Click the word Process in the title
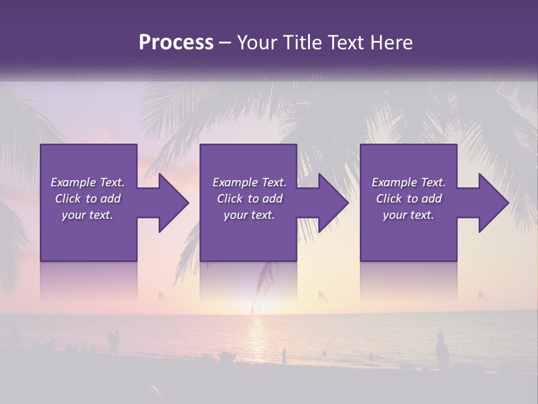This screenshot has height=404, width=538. (x=176, y=43)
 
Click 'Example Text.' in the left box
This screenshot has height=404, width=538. (x=88, y=182)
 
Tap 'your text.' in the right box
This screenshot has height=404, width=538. (x=409, y=215)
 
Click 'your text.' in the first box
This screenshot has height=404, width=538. (x=88, y=215)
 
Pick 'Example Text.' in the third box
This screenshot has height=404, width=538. (x=409, y=182)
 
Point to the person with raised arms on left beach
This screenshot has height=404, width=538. (x=114, y=341)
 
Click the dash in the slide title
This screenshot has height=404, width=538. (x=225, y=43)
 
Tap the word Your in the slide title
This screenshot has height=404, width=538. (x=255, y=43)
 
